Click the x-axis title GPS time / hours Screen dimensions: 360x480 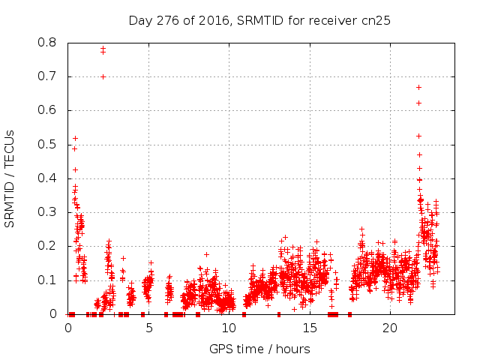click(x=259, y=349)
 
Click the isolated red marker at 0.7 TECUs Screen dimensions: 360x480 click(x=103, y=76)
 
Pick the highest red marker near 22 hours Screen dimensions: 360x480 click(x=418, y=87)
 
